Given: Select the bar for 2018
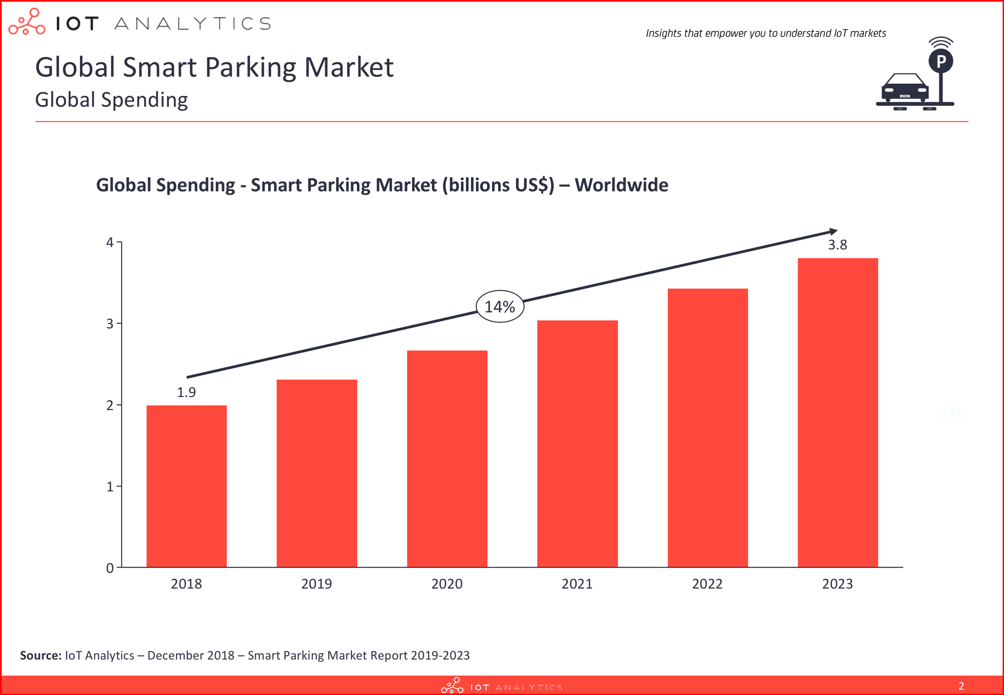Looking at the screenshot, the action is (x=186, y=486).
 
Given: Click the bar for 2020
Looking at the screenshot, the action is (x=447, y=459).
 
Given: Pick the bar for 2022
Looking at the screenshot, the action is (x=707, y=428).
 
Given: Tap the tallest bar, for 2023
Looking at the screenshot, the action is (x=838, y=412).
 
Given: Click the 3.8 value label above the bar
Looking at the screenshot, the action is (x=838, y=245).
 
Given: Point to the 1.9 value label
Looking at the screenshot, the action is (x=186, y=392).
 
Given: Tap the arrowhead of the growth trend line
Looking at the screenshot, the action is (x=833, y=231).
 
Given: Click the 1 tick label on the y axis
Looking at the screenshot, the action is (x=110, y=486).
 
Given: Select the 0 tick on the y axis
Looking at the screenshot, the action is (x=110, y=568).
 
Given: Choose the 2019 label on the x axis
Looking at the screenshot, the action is (x=316, y=584).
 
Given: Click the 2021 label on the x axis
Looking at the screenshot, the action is (x=577, y=584).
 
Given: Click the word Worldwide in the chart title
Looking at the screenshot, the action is (x=621, y=185).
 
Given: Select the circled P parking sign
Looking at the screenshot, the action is (x=941, y=61).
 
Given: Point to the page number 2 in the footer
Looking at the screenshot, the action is (x=961, y=686).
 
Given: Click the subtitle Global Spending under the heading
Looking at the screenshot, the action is (x=111, y=100).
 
